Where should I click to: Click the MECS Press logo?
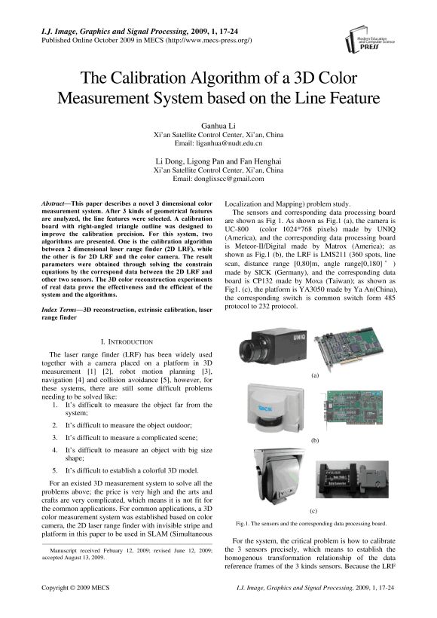coord(370,40)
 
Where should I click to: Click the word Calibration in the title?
coord(148,78)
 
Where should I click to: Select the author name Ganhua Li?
coord(218,126)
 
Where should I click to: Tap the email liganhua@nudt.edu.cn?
coord(229,143)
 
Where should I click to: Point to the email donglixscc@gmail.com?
coord(229,179)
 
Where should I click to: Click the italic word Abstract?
coord(53,203)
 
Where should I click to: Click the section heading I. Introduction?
coord(127,341)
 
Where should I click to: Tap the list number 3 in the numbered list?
coord(55,437)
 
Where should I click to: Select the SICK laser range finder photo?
coord(276,410)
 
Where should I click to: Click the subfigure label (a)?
coord(315,375)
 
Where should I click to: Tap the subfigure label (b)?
coord(315,440)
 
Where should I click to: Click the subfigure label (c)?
coord(313,511)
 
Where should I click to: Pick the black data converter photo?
coord(352,479)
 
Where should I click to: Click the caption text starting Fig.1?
coord(311,524)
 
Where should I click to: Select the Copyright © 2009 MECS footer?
coord(75,588)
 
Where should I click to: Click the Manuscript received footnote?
coord(127,554)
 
